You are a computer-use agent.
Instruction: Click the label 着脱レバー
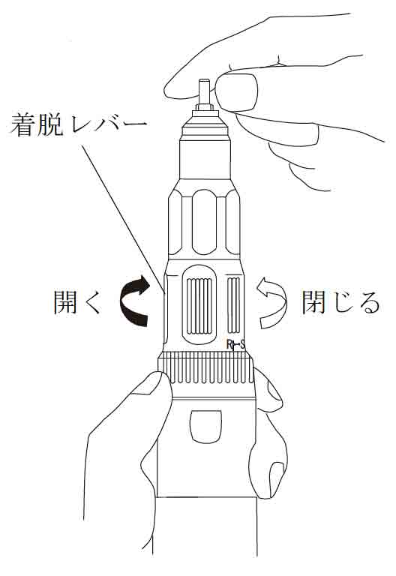(x=78, y=125)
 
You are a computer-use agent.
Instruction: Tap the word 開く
(x=78, y=302)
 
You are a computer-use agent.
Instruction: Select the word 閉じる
(x=340, y=302)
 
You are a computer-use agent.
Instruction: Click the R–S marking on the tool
(x=235, y=345)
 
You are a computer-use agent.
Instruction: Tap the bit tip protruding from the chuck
(x=204, y=91)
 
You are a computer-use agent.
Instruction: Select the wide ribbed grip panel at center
(x=199, y=306)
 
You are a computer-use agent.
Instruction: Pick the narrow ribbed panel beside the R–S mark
(x=234, y=306)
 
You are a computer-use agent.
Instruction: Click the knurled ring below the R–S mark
(x=205, y=368)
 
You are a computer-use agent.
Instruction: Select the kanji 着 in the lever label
(x=22, y=125)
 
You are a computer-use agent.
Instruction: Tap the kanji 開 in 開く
(x=65, y=302)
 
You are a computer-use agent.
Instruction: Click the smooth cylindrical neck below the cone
(x=205, y=159)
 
